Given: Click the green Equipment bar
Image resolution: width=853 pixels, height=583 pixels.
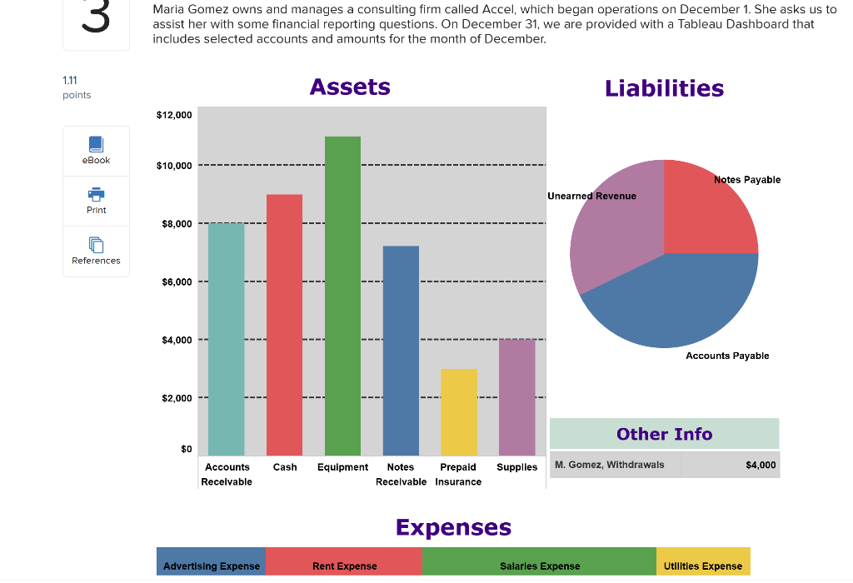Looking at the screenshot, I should pyautogui.click(x=342, y=296).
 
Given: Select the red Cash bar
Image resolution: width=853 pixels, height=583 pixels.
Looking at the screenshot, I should pyautogui.click(x=284, y=325).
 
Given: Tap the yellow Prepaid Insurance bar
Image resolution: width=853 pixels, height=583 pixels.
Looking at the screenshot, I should pyautogui.click(x=458, y=412).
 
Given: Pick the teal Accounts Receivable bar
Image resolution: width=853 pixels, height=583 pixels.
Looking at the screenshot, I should pyautogui.click(x=226, y=339).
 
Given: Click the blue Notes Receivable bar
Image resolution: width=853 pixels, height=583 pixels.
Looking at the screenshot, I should pyautogui.click(x=401, y=351).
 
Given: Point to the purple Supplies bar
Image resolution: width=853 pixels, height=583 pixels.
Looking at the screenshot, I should pyautogui.click(x=516, y=397).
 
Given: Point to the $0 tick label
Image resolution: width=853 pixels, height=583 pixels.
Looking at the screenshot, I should pyautogui.click(x=186, y=450).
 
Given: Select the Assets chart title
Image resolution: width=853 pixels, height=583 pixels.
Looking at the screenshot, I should pyautogui.click(x=350, y=87).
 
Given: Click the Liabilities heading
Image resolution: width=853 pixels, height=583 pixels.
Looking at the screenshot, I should pyautogui.click(x=664, y=88).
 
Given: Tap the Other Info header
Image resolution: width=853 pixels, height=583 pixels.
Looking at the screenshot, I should pyautogui.click(x=664, y=434).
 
